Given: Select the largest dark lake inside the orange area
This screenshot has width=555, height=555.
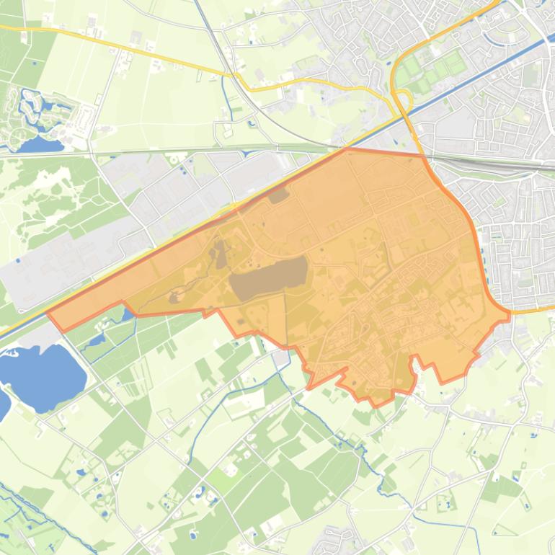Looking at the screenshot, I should [270, 277].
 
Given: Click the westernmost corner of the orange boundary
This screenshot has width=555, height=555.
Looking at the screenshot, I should [48, 314].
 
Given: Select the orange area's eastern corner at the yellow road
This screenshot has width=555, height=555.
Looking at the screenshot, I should [509, 314].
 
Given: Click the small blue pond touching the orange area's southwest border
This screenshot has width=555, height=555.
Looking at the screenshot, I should [128, 314].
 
